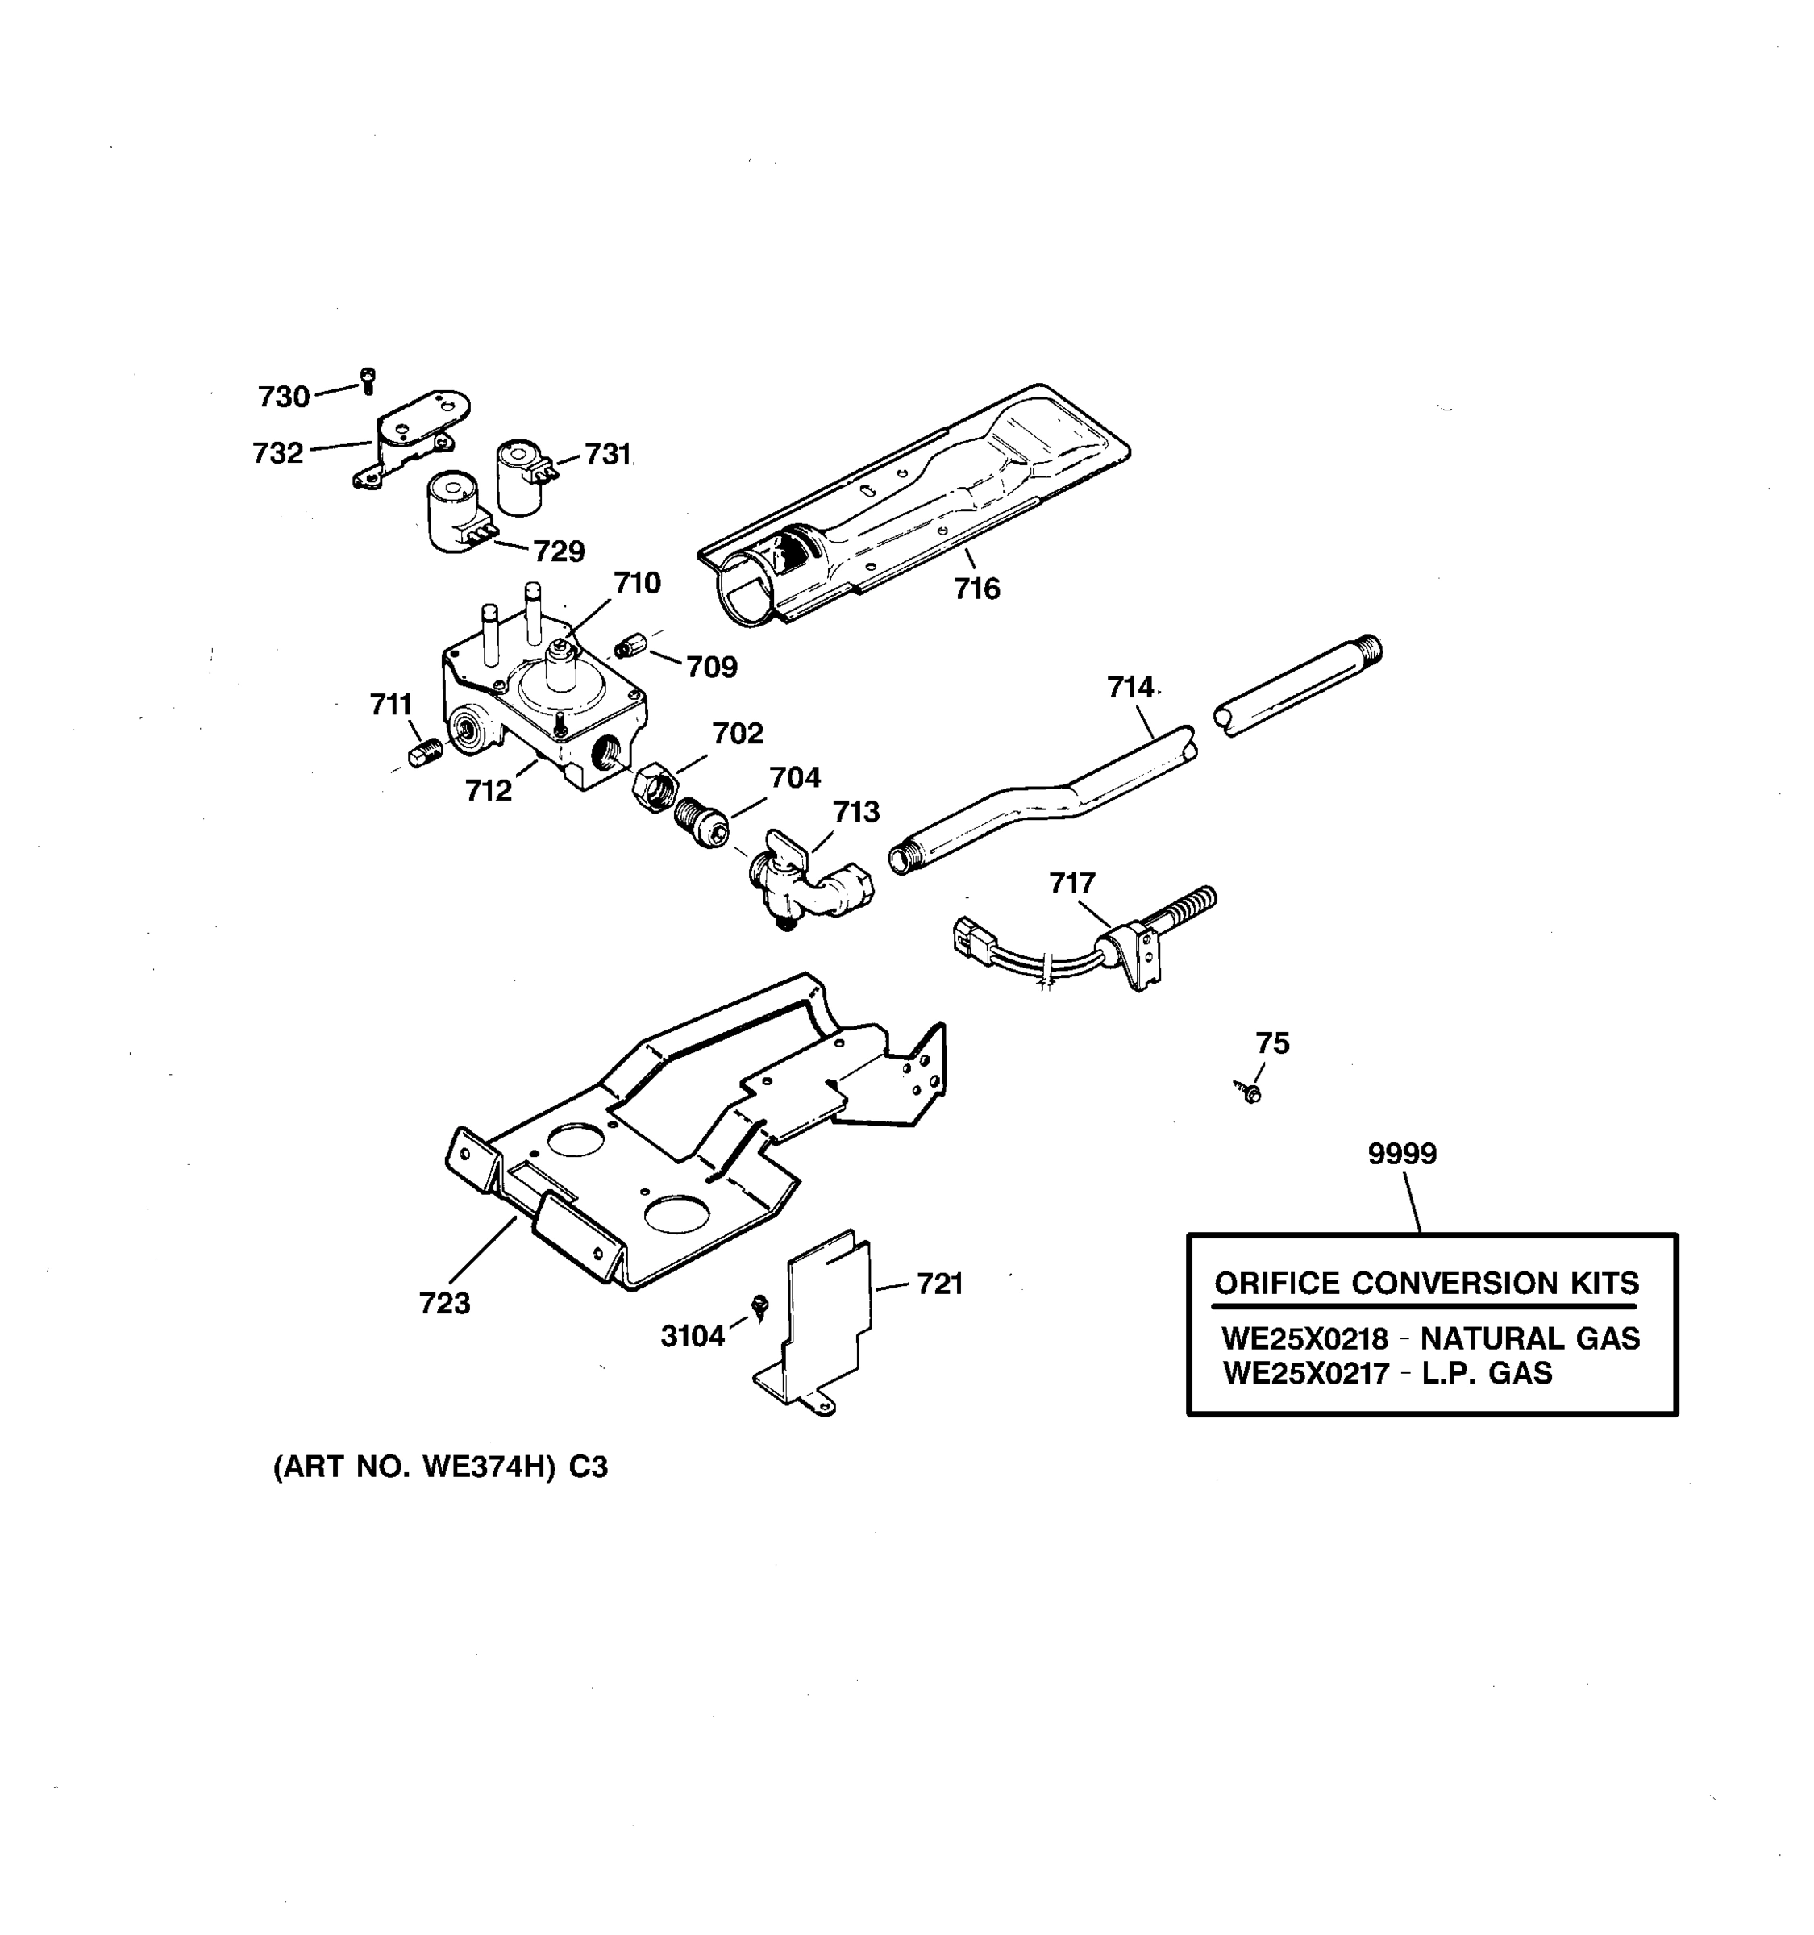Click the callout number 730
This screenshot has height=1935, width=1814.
283,397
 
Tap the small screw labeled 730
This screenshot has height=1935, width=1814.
367,381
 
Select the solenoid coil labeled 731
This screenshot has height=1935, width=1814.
522,477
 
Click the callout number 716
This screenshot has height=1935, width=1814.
976,589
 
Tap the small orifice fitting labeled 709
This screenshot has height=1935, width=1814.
630,645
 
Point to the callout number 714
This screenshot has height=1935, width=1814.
1130,689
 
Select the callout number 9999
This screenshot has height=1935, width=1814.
1401,1154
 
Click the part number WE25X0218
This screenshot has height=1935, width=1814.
1304,1339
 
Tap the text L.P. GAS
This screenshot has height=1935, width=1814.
1486,1373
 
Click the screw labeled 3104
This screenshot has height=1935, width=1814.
761,1305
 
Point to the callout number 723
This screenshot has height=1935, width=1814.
445,1303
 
